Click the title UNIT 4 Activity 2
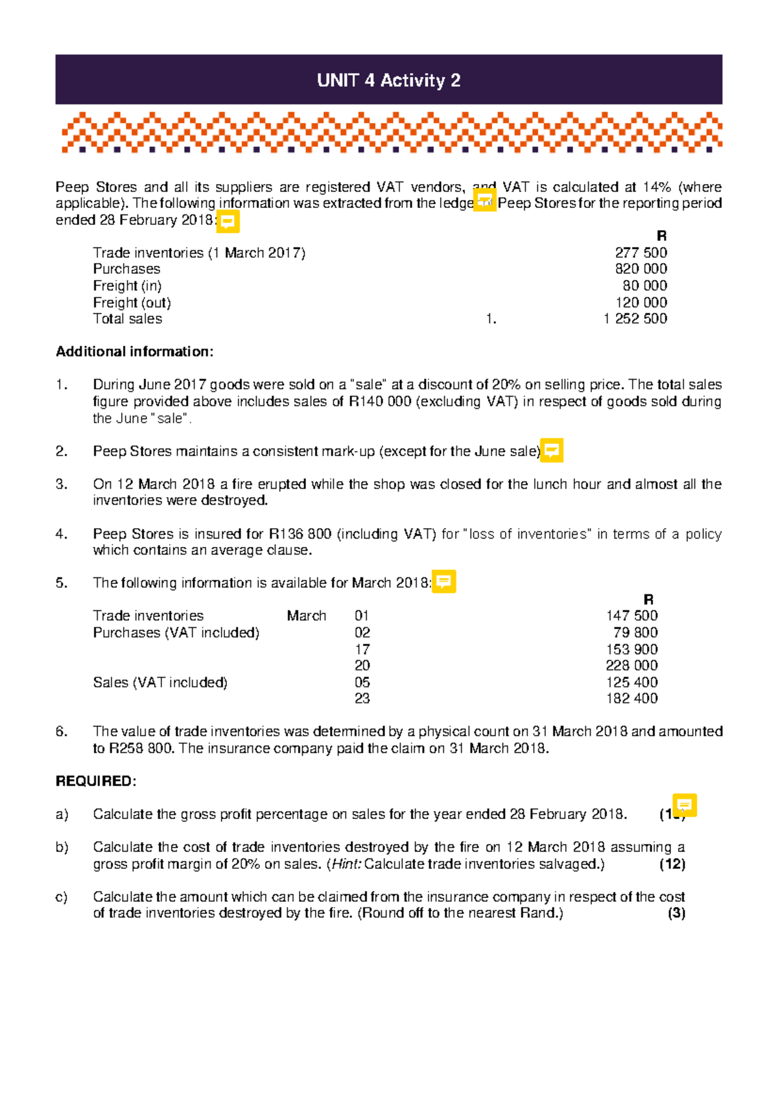(x=388, y=80)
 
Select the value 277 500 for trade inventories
(x=641, y=253)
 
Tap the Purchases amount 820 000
(x=641, y=269)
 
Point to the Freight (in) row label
(x=127, y=286)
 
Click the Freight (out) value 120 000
(x=641, y=303)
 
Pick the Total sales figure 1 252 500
(x=635, y=319)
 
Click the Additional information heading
(x=134, y=352)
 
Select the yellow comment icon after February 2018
(x=228, y=222)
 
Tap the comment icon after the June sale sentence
(x=552, y=450)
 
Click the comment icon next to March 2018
(x=444, y=582)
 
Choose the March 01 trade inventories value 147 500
(x=631, y=616)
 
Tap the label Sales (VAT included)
(x=160, y=682)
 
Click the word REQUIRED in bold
(x=95, y=781)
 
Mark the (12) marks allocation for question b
(x=672, y=864)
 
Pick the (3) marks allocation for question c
(x=676, y=913)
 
